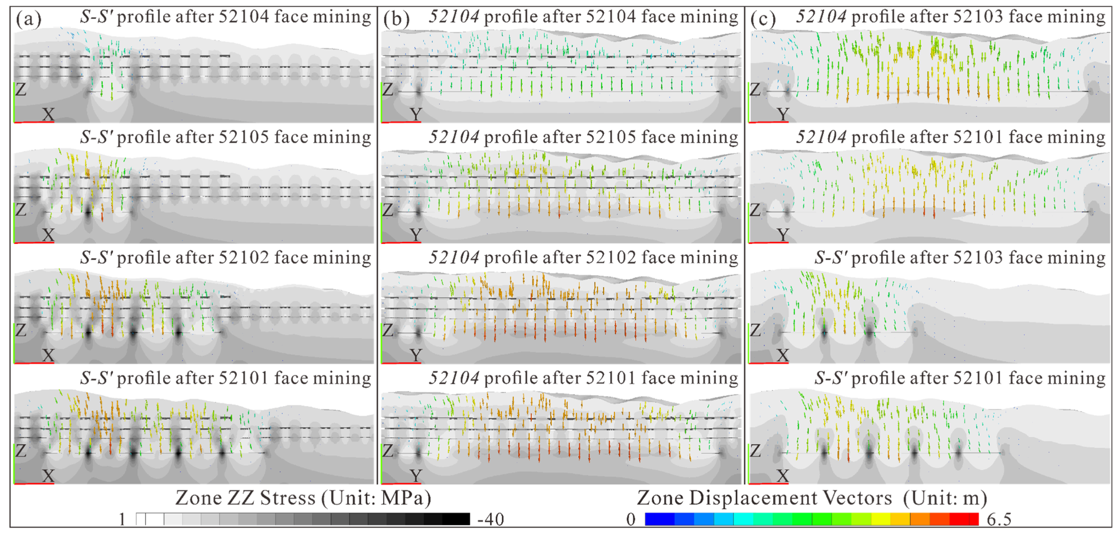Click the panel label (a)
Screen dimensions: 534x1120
coord(29,19)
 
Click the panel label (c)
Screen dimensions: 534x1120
coord(763,19)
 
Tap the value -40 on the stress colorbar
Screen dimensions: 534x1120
coord(490,519)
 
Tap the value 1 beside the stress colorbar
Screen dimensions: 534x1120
coord(122,519)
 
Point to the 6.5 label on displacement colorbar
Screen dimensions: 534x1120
coord(999,519)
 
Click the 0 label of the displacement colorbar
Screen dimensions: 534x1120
coord(631,519)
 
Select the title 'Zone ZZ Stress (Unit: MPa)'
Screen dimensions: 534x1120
coord(303,498)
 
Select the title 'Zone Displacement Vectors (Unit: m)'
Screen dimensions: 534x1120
coord(812,498)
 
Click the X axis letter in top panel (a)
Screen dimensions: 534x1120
coord(48,114)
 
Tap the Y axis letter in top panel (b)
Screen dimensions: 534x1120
coord(416,114)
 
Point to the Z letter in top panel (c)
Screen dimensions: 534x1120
coord(755,90)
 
